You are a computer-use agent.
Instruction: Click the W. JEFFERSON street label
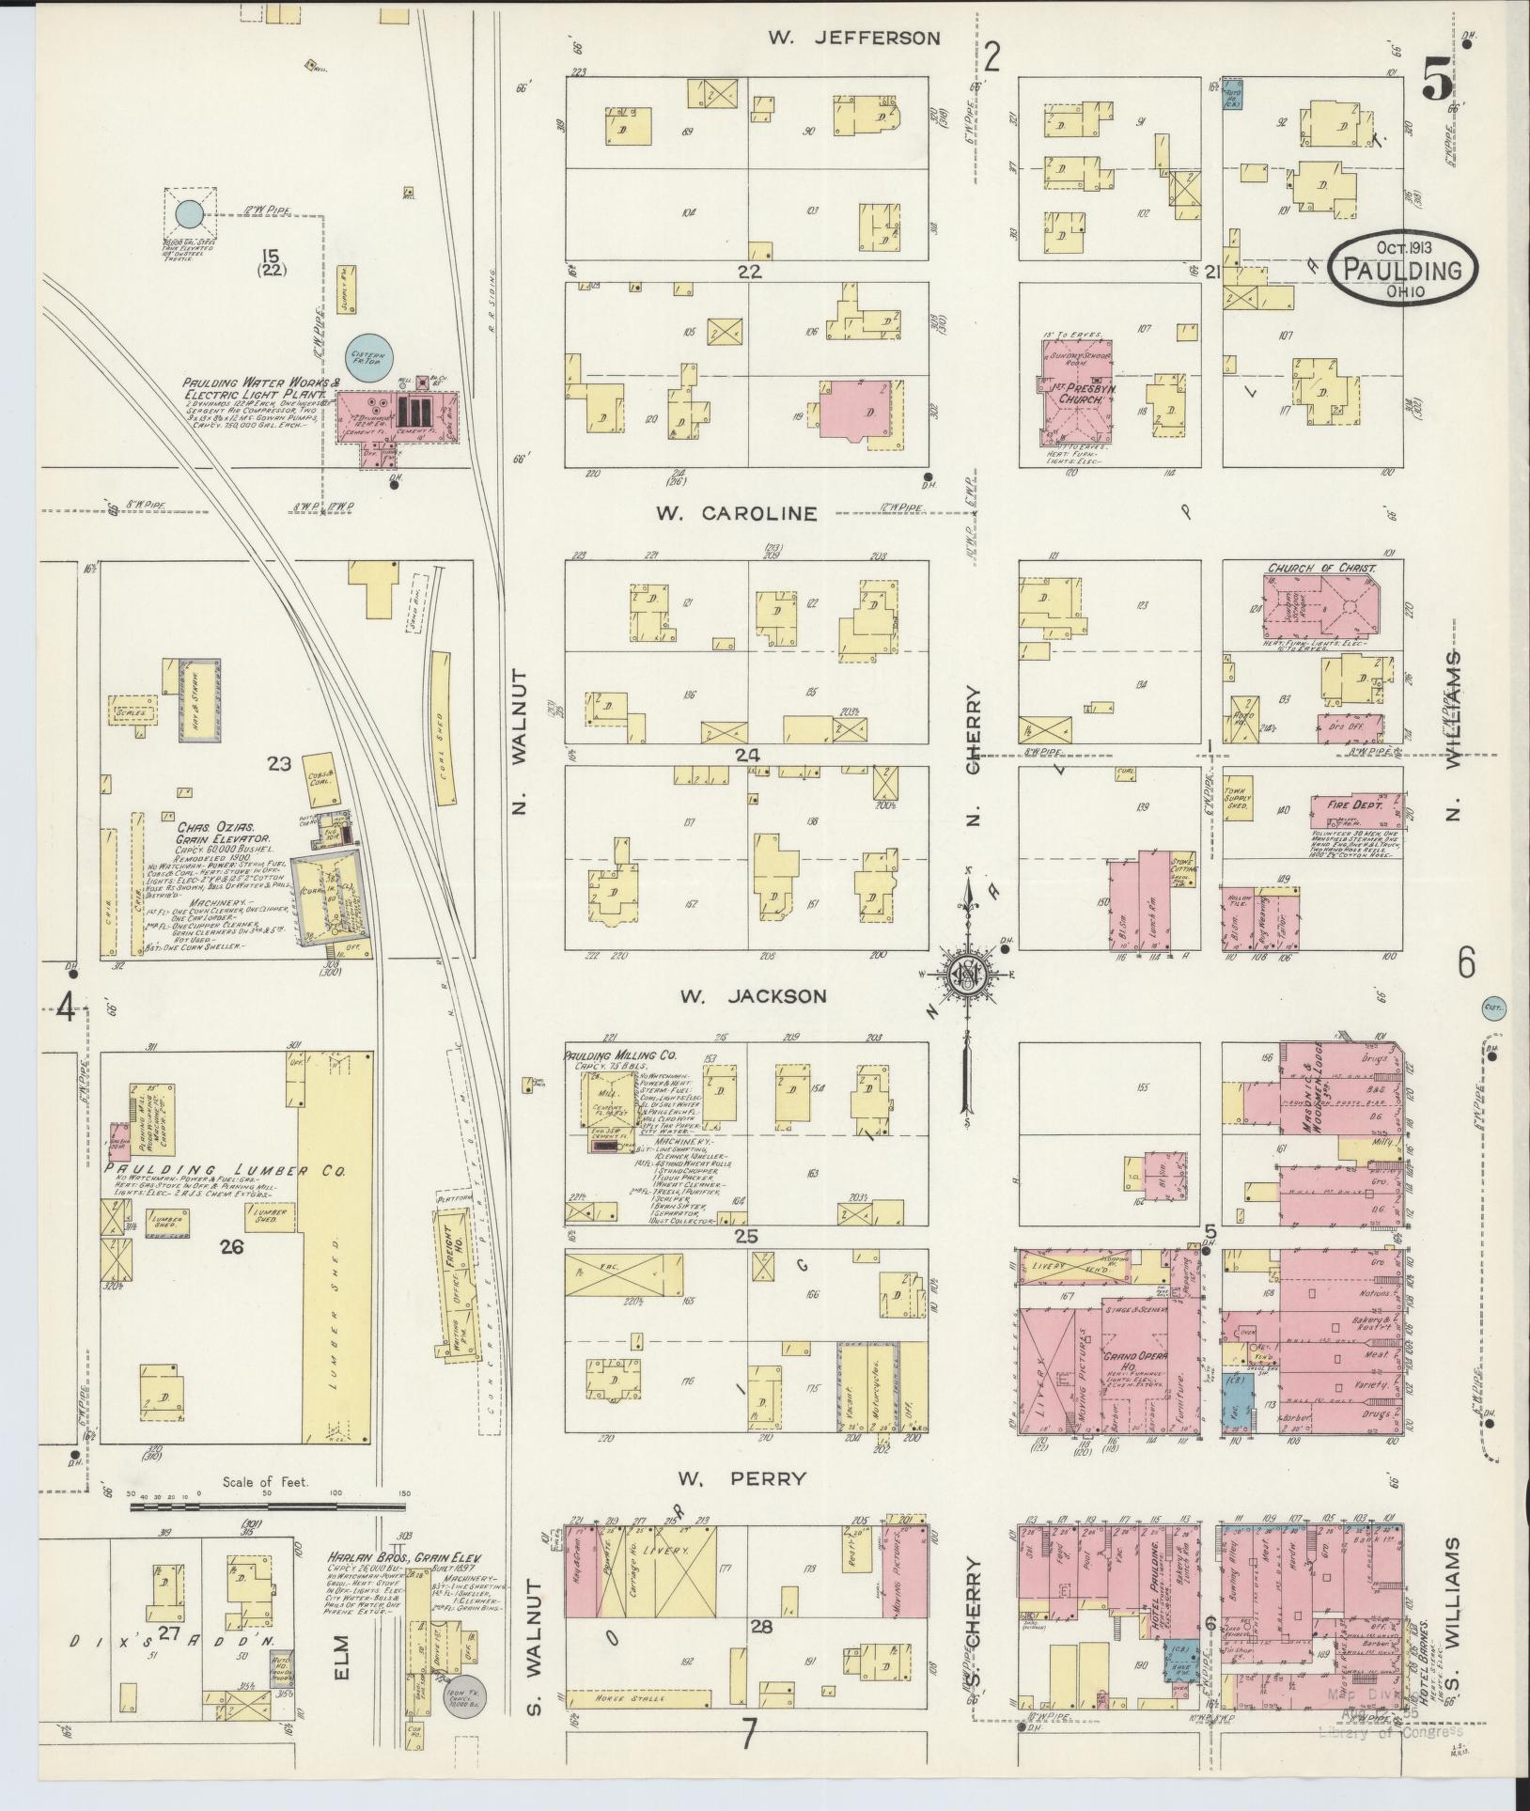coord(853,38)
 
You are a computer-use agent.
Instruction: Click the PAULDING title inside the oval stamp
coord(1402,271)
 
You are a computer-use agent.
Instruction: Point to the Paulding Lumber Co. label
coord(226,1172)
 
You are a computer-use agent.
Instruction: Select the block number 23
coord(279,764)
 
